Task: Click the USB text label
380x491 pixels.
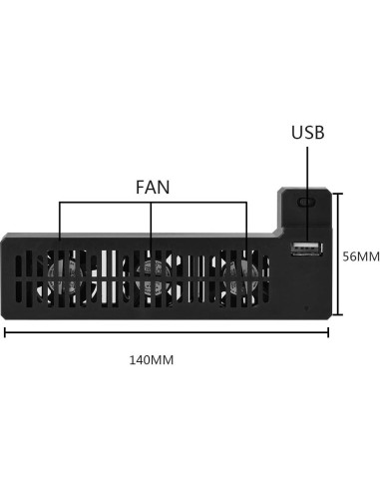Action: coord(307,133)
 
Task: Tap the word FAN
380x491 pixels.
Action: coord(153,187)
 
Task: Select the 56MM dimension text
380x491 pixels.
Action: coord(360,255)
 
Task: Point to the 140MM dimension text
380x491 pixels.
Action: coord(152,359)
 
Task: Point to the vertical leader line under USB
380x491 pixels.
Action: coord(307,170)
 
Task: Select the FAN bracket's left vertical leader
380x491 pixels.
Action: coord(59,225)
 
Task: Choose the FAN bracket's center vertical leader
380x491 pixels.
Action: coord(152,225)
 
